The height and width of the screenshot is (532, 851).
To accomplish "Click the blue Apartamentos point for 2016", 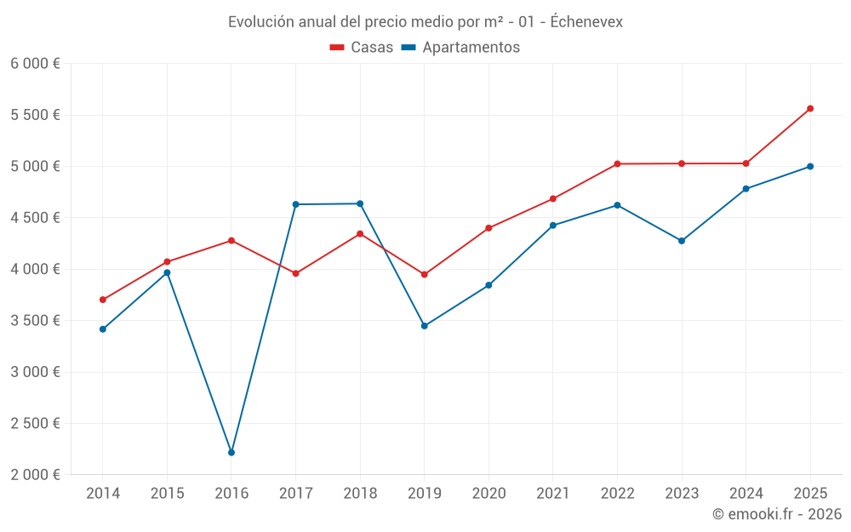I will pyautogui.click(x=231, y=453).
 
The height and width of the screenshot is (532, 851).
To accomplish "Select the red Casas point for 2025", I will pyautogui.click(x=810, y=109).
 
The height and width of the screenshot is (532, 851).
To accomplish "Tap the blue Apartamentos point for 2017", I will pyautogui.click(x=295, y=204).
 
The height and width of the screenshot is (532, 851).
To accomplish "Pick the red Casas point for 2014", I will pyautogui.click(x=103, y=300).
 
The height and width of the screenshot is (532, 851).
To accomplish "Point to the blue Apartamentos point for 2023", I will pyautogui.click(x=682, y=241).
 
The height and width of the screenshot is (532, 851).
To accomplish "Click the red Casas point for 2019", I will pyautogui.click(x=425, y=275).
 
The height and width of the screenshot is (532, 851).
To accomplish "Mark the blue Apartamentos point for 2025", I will pyautogui.click(x=810, y=167).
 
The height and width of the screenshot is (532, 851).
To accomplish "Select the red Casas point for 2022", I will pyautogui.click(x=617, y=164).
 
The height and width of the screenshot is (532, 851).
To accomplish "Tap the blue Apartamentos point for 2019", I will pyautogui.click(x=425, y=326).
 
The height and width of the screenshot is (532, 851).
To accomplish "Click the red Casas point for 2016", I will pyautogui.click(x=231, y=241).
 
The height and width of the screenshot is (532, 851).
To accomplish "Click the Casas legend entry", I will pyautogui.click(x=362, y=48).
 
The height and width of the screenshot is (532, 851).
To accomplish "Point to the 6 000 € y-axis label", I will pyautogui.click(x=35, y=64).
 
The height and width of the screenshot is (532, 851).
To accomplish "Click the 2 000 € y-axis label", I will pyautogui.click(x=35, y=475).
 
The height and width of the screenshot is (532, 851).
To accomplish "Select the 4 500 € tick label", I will pyautogui.click(x=35, y=218).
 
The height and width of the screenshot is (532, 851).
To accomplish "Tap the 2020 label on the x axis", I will pyautogui.click(x=488, y=494).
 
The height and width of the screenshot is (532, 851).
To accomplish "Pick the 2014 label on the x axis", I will pyautogui.click(x=103, y=494).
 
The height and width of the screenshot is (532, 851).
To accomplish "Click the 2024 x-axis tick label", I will pyautogui.click(x=746, y=494).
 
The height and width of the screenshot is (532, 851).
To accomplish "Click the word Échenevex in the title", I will pyautogui.click(x=586, y=22).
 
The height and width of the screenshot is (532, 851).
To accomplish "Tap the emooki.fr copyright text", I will pyautogui.click(x=777, y=514).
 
